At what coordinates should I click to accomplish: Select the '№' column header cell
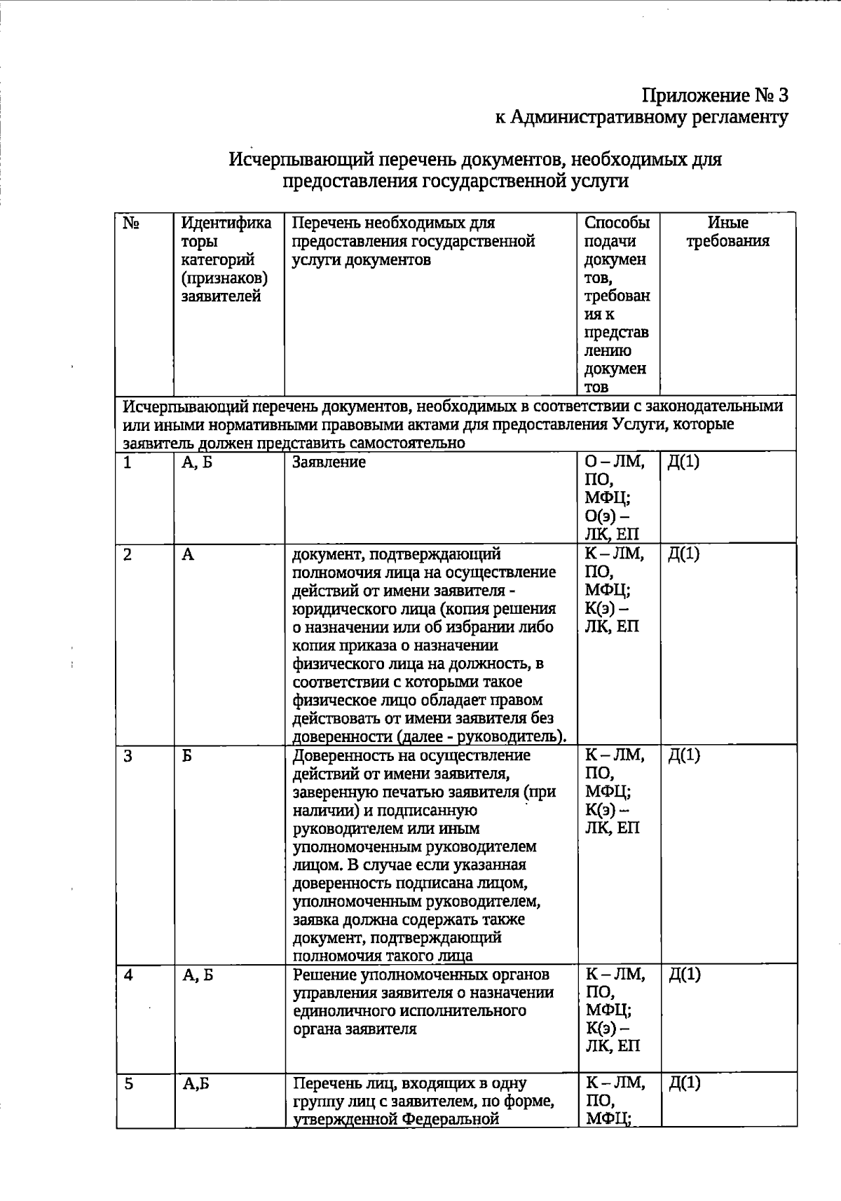[x=131, y=224]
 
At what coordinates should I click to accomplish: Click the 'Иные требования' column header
[x=727, y=232]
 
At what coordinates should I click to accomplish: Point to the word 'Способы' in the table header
[x=617, y=224]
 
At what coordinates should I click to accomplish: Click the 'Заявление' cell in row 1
[x=329, y=462]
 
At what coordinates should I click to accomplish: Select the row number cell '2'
[x=128, y=554]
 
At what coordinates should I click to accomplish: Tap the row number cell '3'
[x=128, y=755]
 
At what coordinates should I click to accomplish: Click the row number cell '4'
[x=128, y=975]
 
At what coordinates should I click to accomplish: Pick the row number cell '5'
[x=128, y=1083]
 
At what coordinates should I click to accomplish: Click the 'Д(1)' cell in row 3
[x=683, y=755]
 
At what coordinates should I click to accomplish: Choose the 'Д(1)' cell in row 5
[x=684, y=1083]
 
